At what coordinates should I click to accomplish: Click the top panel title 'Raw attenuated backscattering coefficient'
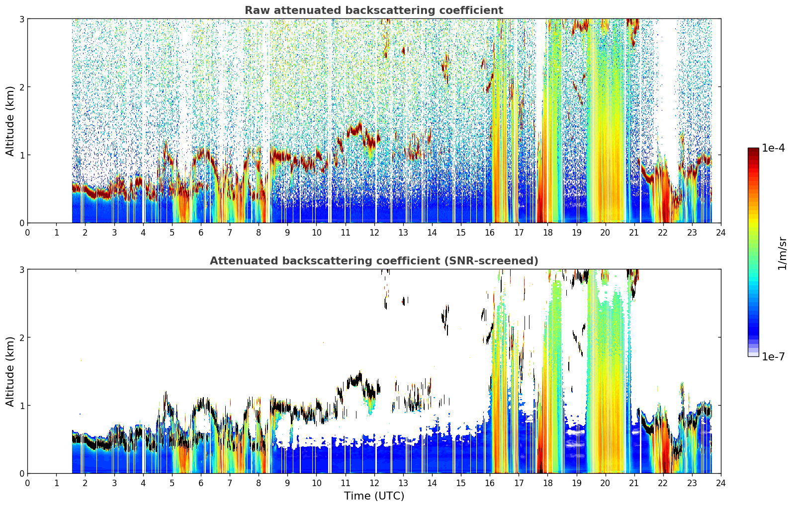click(374, 10)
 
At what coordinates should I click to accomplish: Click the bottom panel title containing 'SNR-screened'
click(374, 261)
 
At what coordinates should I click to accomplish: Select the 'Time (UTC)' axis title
click(374, 496)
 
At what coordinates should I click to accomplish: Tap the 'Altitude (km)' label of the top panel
click(10, 121)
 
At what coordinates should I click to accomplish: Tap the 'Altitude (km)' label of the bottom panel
click(10, 371)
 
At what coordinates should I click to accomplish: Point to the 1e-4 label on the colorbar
click(773, 148)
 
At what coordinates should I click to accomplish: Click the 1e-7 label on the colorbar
click(773, 356)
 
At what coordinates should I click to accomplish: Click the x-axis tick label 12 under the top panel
click(374, 233)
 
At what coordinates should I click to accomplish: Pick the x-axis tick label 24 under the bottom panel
click(721, 483)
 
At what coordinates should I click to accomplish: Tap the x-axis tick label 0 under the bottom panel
click(28, 483)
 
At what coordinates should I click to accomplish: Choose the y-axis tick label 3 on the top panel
click(21, 19)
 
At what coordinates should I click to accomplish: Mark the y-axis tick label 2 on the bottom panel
click(21, 338)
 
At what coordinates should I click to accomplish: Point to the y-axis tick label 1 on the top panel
click(21, 155)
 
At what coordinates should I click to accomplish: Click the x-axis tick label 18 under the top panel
click(548, 233)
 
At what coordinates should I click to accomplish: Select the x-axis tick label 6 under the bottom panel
click(201, 483)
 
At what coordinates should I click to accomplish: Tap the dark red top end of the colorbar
click(753, 150)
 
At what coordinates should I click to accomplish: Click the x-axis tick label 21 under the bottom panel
click(634, 483)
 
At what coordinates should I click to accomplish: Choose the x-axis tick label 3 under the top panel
click(114, 233)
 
